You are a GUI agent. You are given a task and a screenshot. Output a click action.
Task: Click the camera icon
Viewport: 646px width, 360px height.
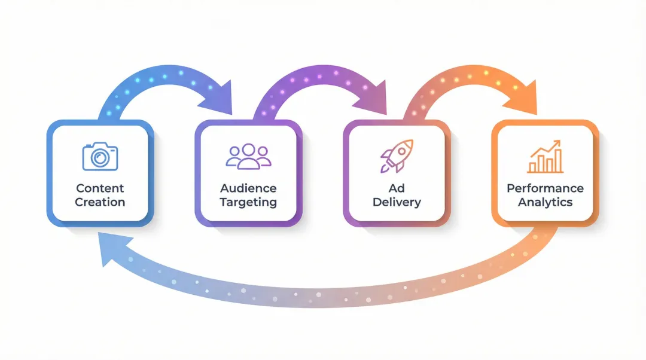coord(100,155)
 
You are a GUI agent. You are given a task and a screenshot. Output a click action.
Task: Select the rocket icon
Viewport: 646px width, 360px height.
coord(395,156)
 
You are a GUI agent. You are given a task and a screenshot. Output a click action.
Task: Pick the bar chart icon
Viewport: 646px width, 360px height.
coord(545,157)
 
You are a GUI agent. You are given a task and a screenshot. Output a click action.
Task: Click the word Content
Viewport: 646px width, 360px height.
coord(100,188)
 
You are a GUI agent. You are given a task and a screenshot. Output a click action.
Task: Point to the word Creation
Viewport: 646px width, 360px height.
coord(100,202)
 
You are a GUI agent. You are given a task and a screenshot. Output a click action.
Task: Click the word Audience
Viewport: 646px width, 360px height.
coord(248,188)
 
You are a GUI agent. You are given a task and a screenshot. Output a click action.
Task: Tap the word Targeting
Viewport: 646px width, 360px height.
coord(248,202)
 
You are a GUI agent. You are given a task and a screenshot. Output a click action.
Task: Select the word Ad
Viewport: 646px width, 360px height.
coord(396,188)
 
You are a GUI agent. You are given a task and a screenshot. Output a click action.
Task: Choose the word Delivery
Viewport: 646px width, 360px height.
coord(396,202)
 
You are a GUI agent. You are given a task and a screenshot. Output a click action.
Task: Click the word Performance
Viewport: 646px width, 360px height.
coord(545,188)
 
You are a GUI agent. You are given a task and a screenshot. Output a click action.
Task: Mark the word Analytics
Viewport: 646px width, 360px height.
coord(545,202)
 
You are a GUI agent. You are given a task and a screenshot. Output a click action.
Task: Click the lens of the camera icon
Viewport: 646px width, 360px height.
coord(100,158)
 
